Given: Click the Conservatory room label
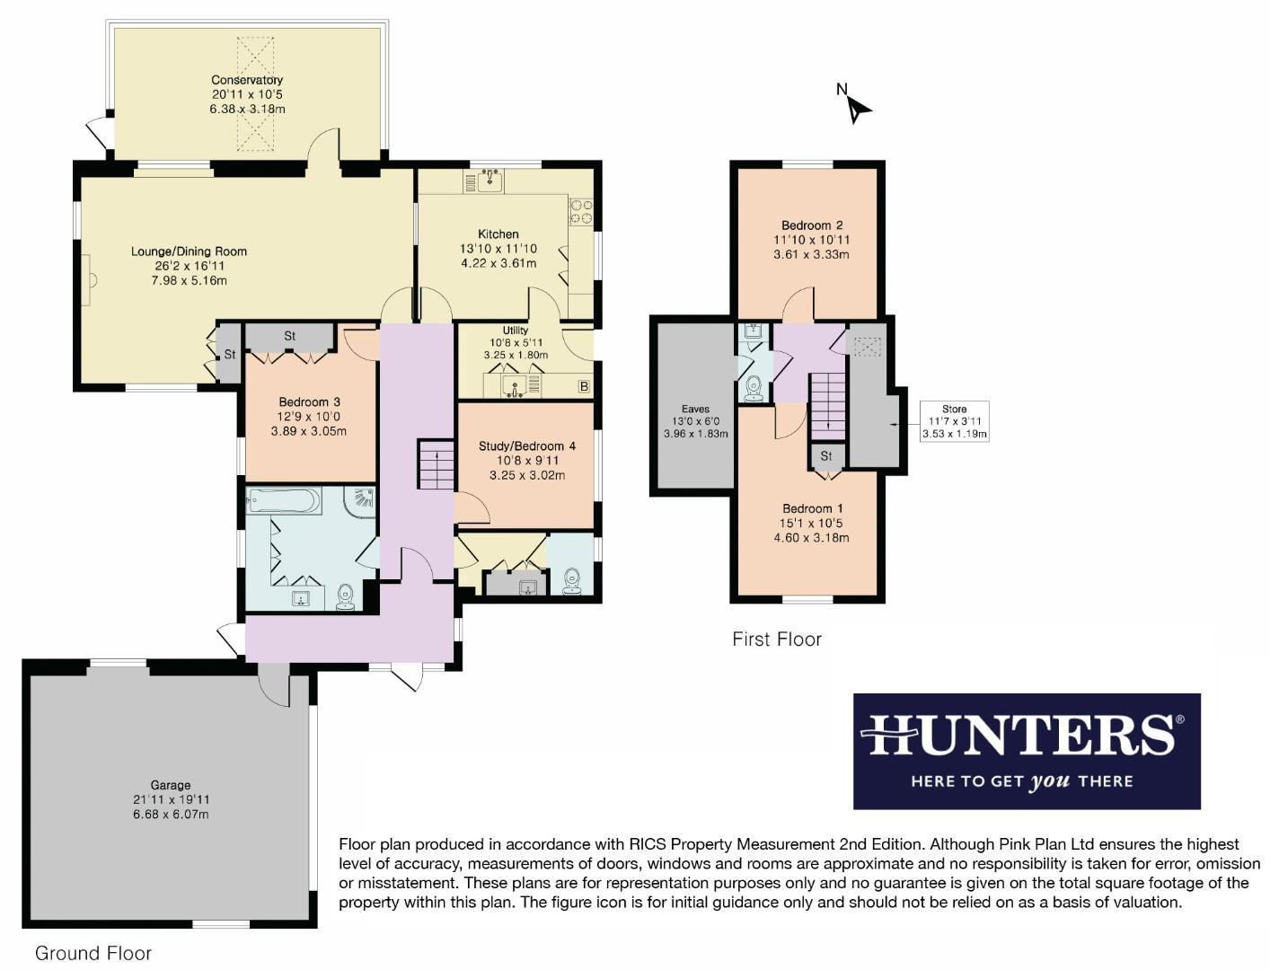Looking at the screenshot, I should click(247, 80).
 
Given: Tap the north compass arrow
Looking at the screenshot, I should click(859, 108).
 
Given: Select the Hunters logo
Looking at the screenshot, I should click(1026, 751).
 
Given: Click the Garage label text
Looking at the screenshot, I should click(170, 785).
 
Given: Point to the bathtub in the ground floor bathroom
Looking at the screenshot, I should click(284, 501).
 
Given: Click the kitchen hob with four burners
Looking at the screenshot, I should click(580, 212).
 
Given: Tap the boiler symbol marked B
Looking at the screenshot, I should click(583, 387).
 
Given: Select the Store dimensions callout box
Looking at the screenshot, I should click(954, 422).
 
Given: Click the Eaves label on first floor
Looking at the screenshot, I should click(695, 409).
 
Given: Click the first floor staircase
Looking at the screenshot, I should click(828, 404).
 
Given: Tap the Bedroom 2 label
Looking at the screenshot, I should click(811, 225).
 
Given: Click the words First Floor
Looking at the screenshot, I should click(777, 639).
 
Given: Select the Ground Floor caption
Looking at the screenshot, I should click(93, 953).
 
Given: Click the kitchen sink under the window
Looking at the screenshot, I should click(489, 182).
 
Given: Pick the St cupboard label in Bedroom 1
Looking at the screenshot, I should click(826, 456).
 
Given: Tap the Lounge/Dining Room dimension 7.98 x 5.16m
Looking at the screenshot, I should click(189, 280).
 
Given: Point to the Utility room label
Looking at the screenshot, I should click(516, 330).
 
